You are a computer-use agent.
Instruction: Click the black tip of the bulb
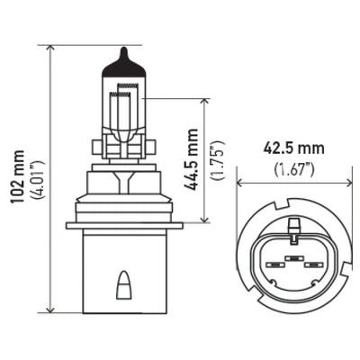point(121,62)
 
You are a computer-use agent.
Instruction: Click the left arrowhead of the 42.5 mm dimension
point(240,183)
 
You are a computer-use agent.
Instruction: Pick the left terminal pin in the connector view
point(271,265)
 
